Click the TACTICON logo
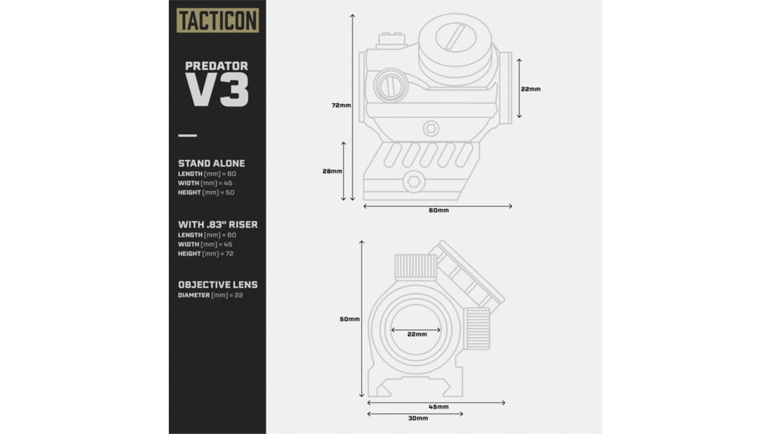218,20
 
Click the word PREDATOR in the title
217,66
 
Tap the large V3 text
217,90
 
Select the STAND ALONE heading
211,163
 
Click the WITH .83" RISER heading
218,224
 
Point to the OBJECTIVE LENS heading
218,284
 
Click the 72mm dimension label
341,105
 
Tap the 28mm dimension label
333,171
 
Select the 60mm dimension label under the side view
438,211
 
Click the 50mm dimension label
349,319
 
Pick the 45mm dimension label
438,406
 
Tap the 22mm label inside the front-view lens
417,334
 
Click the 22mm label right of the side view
531,89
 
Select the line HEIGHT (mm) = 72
206,253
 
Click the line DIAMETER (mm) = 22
210,295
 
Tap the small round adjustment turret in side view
390,84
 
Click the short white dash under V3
188,135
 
